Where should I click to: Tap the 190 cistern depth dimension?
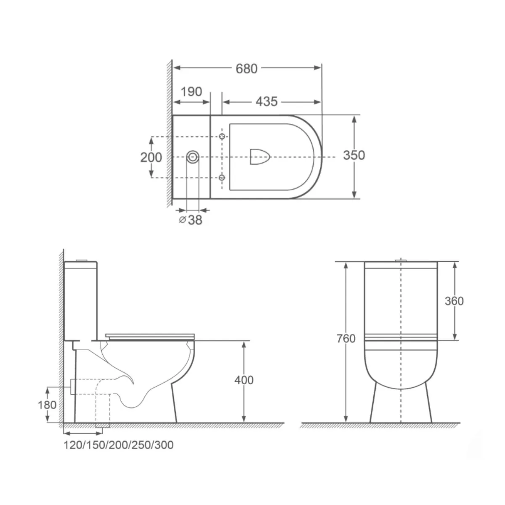(x=192, y=92)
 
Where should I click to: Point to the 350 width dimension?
(x=353, y=155)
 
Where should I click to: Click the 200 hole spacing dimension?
(x=151, y=157)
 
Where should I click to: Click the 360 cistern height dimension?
(x=454, y=301)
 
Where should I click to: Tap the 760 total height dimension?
(x=346, y=338)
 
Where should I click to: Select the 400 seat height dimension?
(x=244, y=380)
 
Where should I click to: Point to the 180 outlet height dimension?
(x=48, y=405)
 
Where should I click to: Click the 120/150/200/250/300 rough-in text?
(x=118, y=445)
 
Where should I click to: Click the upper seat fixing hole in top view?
(x=223, y=136)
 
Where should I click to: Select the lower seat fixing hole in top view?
(x=223, y=177)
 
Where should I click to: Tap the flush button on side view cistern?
(x=81, y=260)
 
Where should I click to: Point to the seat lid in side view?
(x=150, y=335)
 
